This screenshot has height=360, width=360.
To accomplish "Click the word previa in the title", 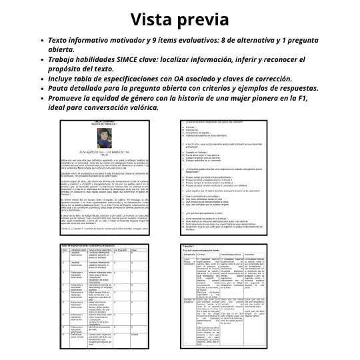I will coord(203,21).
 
